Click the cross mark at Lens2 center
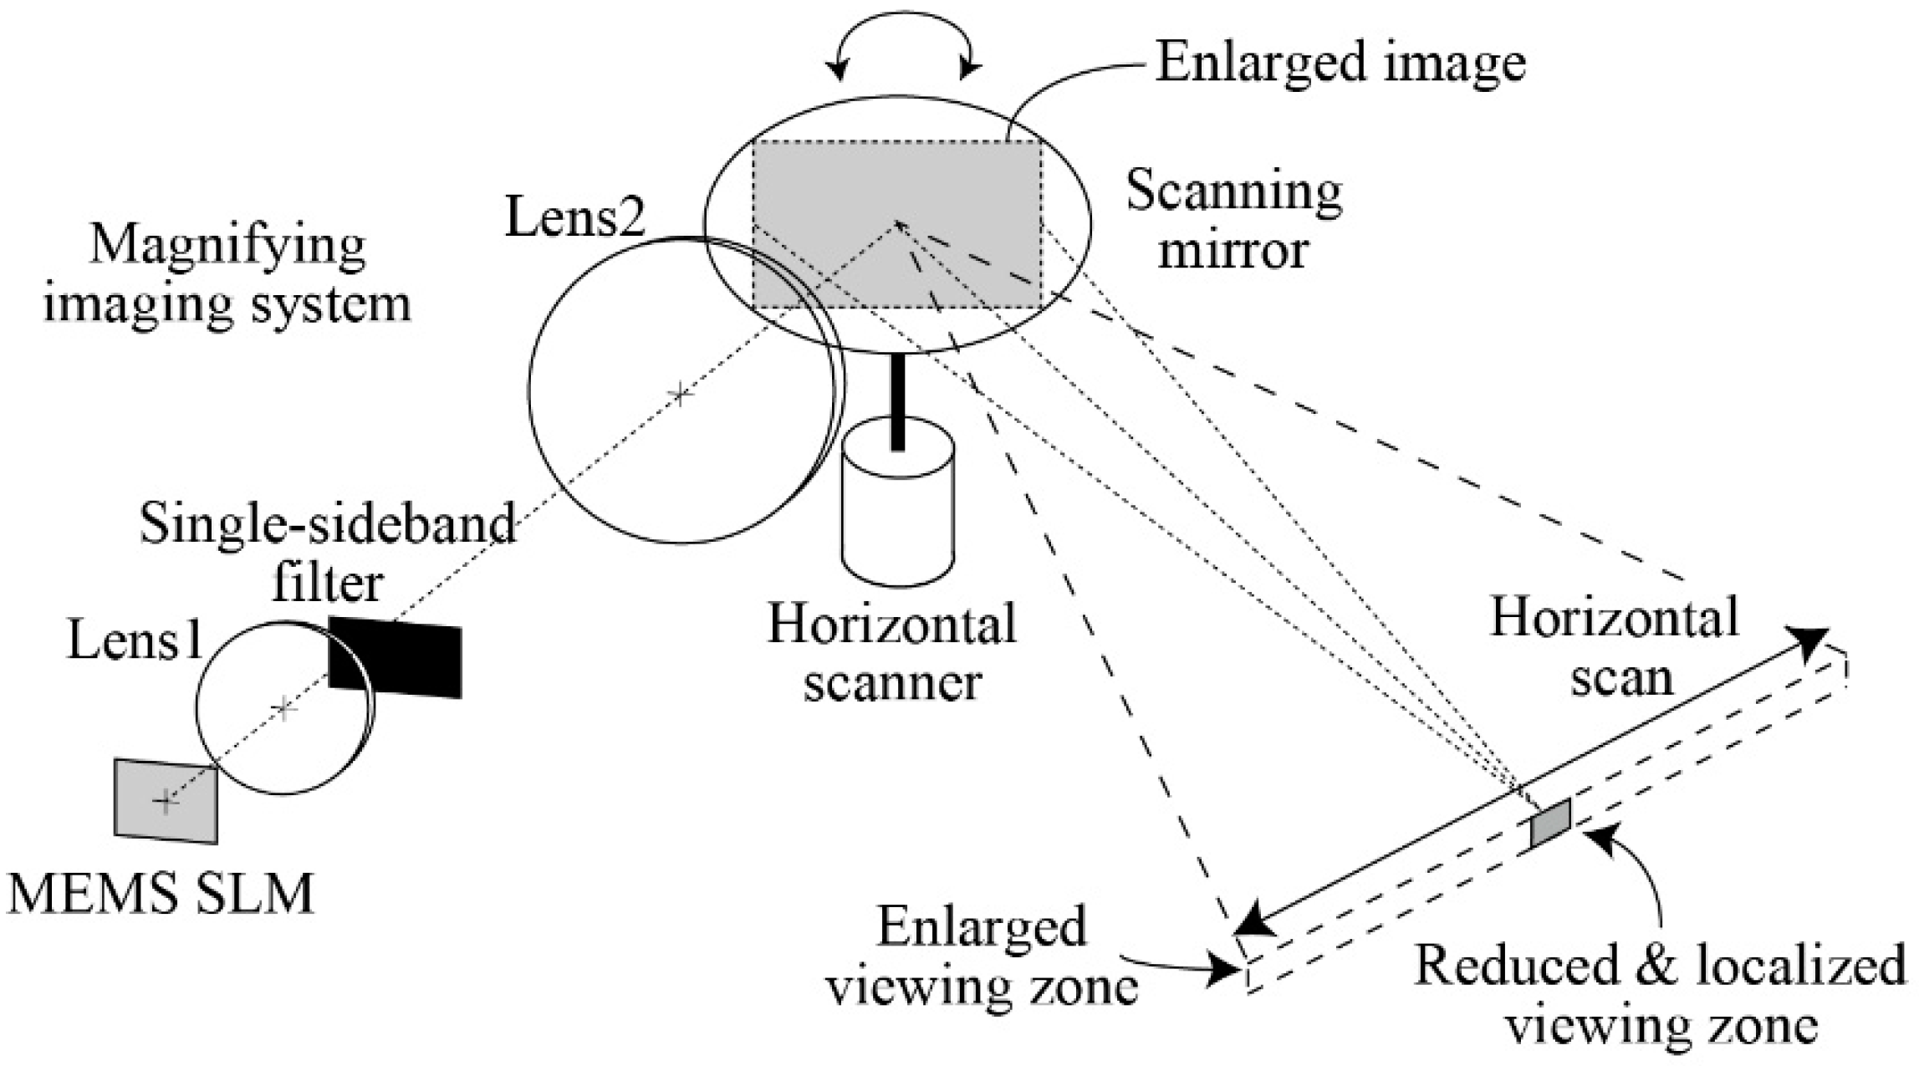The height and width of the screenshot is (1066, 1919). (x=681, y=394)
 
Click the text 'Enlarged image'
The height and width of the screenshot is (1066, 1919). (x=1340, y=63)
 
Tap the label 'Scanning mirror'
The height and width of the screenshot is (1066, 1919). (x=1233, y=220)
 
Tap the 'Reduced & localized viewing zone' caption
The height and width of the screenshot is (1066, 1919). (x=1660, y=995)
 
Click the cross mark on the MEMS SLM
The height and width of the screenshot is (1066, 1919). (x=165, y=801)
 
